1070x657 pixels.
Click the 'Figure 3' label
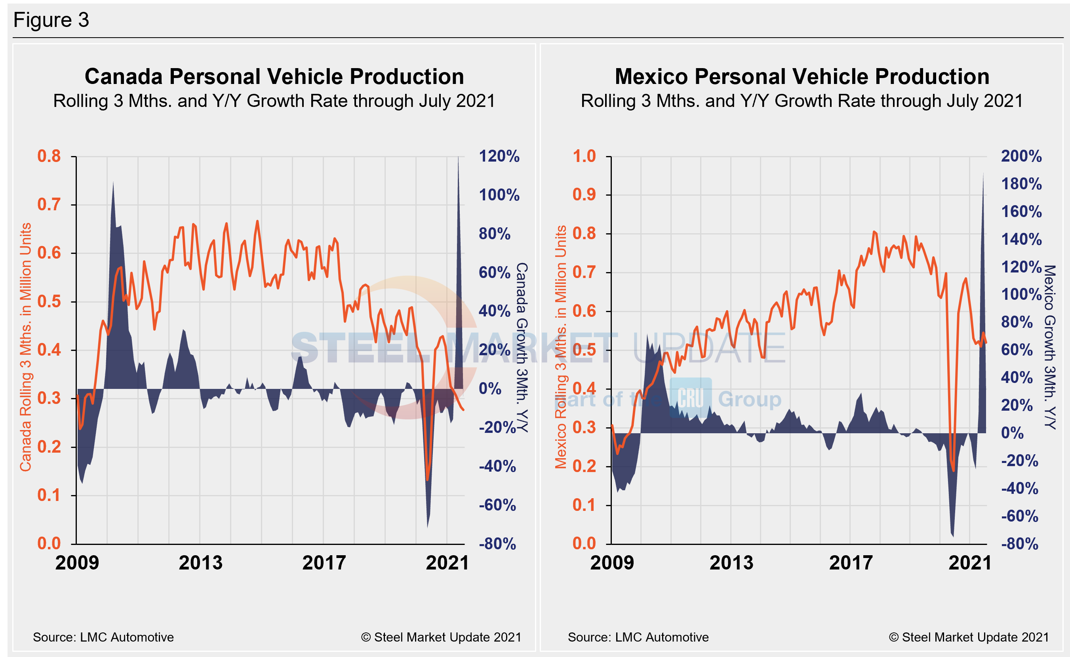[51, 20]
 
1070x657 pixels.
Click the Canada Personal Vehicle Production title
[274, 77]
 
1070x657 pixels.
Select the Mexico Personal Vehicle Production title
[802, 77]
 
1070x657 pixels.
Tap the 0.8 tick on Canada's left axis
[49, 156]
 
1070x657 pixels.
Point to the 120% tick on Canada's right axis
[499, 156]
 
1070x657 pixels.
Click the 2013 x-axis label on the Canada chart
[200, 563]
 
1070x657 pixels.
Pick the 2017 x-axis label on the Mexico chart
[851, 563]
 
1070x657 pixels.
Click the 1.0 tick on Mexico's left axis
[585, 156]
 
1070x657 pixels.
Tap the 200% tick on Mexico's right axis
[1021, 156]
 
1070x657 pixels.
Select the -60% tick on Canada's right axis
[497, 505]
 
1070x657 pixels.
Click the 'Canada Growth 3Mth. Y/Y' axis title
[522, 348]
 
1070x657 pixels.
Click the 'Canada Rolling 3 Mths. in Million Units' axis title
[26, 347]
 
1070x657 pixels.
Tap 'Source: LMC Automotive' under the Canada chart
[103, 638]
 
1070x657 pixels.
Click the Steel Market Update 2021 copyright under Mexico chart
[969, 638]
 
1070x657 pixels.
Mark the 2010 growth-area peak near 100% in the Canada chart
[113, 183]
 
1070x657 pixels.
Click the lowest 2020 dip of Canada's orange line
[427, 480]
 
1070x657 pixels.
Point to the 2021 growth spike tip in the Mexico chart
[983, 173]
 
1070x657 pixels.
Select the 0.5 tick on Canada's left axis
[49, 301]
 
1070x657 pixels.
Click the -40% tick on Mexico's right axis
[1020, 489]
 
